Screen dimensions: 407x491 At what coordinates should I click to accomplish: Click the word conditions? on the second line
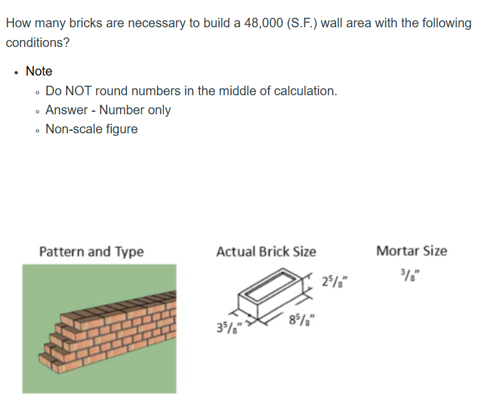coord(37,43)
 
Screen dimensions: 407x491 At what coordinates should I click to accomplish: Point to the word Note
coord(39,71)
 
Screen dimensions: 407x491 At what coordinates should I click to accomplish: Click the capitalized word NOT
coord(78,91)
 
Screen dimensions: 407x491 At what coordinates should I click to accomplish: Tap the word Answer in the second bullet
coord(67,110)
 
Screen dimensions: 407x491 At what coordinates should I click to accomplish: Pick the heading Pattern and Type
coord(91,251)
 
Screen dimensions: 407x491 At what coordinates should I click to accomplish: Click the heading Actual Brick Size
coord(266,251)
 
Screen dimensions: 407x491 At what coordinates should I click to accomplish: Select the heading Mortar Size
coord(411,251)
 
